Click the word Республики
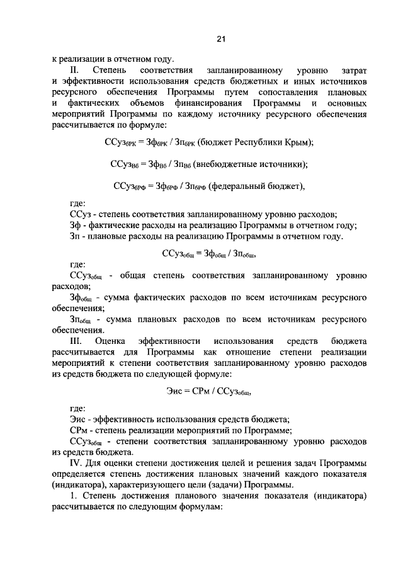259,142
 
